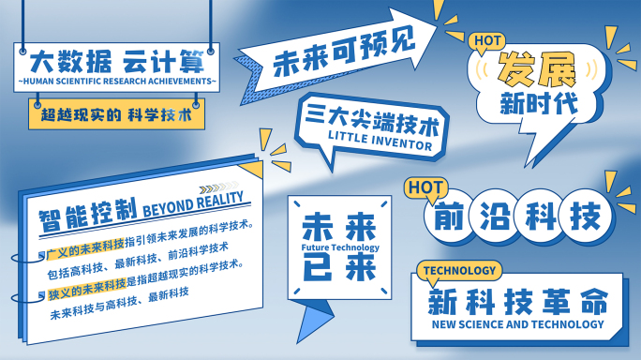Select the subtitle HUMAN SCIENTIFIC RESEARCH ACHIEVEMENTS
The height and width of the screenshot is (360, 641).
click(117, 82)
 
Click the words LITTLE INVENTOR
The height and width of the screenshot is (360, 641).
click(380, 146)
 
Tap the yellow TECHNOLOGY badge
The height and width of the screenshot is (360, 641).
click(458, 271)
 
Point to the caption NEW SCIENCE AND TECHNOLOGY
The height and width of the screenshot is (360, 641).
click(516, 324)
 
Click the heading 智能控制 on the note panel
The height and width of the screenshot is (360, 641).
click(88, 211)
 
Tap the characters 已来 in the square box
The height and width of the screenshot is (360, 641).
click(339, 267)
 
